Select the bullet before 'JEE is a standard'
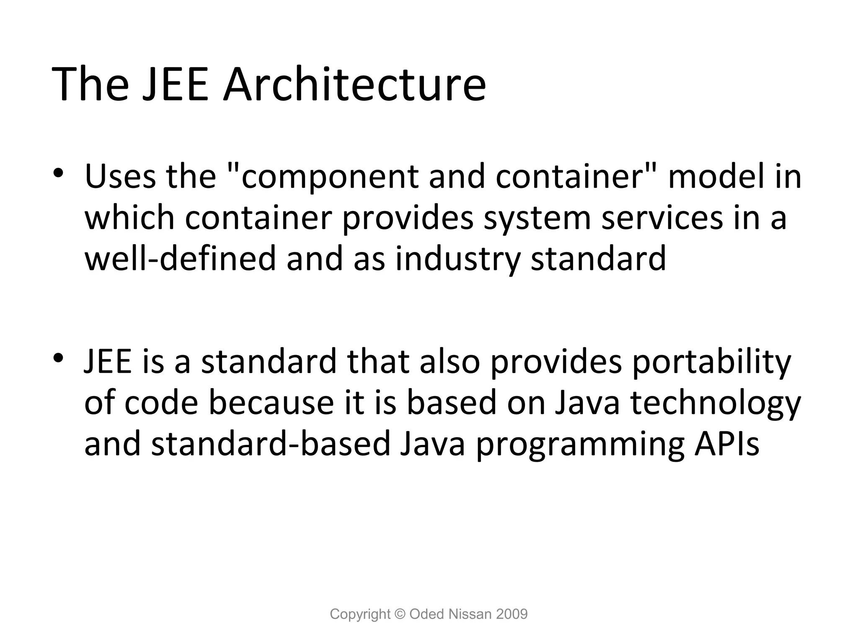(58, 358)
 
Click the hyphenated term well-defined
(181, 258)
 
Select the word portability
(712, 363)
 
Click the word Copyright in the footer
(360, 614)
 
